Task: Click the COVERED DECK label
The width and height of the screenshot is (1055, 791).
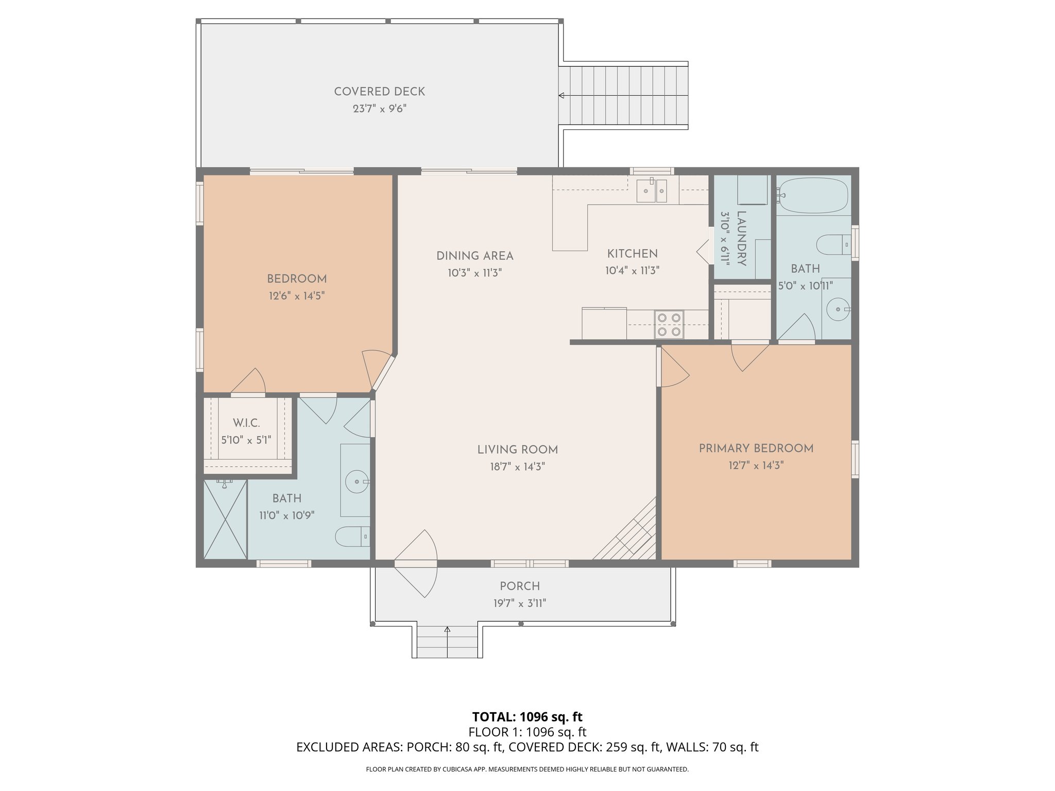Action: (x=380, y=92)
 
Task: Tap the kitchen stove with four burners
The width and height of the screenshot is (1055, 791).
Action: (x=669, y=324)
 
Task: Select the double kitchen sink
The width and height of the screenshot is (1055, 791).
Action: (x=652, y=191)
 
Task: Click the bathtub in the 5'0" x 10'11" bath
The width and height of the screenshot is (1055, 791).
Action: (x=812, y=196)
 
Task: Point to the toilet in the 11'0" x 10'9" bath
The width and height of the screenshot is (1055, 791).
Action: (x=352, y=537)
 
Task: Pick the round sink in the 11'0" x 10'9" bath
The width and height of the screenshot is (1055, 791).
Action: (x=357, y=482)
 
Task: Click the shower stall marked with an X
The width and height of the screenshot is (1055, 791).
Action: (x=226, y=519)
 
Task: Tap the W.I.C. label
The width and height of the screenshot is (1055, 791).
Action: (x=246, y=423)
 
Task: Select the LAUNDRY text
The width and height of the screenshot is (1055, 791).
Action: (x=742, y=238)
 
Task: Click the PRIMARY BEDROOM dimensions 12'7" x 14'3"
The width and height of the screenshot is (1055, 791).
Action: (x=756, y=466)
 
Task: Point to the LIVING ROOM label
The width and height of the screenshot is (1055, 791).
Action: (x=518, y=450)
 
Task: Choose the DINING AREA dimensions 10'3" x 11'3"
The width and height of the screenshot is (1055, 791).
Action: (x=474, y=273)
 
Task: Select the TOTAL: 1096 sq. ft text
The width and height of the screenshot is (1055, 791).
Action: (x=527, y=717)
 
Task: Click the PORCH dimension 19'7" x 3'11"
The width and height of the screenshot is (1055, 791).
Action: (x=520, y=603)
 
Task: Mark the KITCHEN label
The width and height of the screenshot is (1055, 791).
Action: (x=632, y=254)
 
